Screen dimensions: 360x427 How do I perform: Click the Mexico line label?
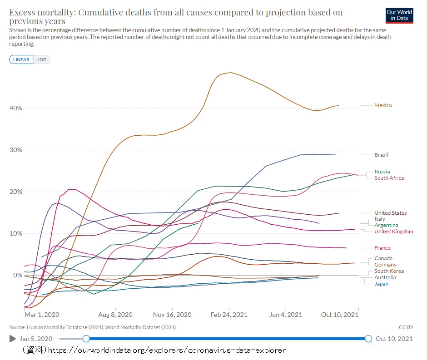point(382,105)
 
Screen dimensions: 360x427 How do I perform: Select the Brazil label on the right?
point(381,155)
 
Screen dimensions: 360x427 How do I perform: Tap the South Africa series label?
point(389,178)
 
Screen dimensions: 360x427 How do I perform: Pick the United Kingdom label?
point(393,232)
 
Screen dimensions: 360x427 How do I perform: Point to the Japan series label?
point(381,284)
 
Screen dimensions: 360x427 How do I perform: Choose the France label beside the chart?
point(382,248)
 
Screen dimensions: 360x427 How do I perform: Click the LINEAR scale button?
point(21,59)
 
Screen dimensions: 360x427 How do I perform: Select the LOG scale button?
point(42,59)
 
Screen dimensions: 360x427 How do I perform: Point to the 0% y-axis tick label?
point(17,275)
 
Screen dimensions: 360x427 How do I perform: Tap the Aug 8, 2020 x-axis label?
point(115,314)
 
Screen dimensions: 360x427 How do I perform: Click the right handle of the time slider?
point(368,339)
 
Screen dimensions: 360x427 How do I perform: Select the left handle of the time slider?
point(86,339)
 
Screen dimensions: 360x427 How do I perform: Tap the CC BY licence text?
point(406,327)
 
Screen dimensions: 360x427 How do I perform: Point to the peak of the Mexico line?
point(231,72)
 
